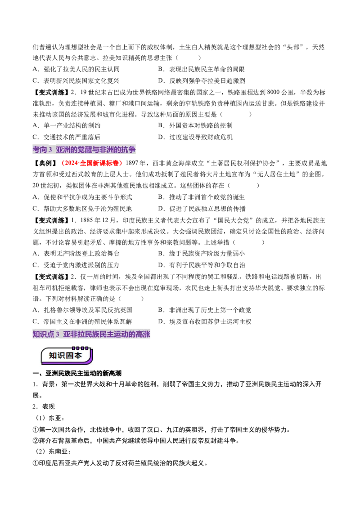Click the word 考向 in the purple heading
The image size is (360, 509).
(x=40, y=150)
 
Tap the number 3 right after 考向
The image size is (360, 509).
(x=50, y=150)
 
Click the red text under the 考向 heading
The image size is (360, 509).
(x=92, y=164)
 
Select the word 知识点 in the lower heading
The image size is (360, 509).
(x=43, y=335)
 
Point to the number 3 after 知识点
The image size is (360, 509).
(x=58, y=335)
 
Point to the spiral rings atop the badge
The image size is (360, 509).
(x=81, y=348)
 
